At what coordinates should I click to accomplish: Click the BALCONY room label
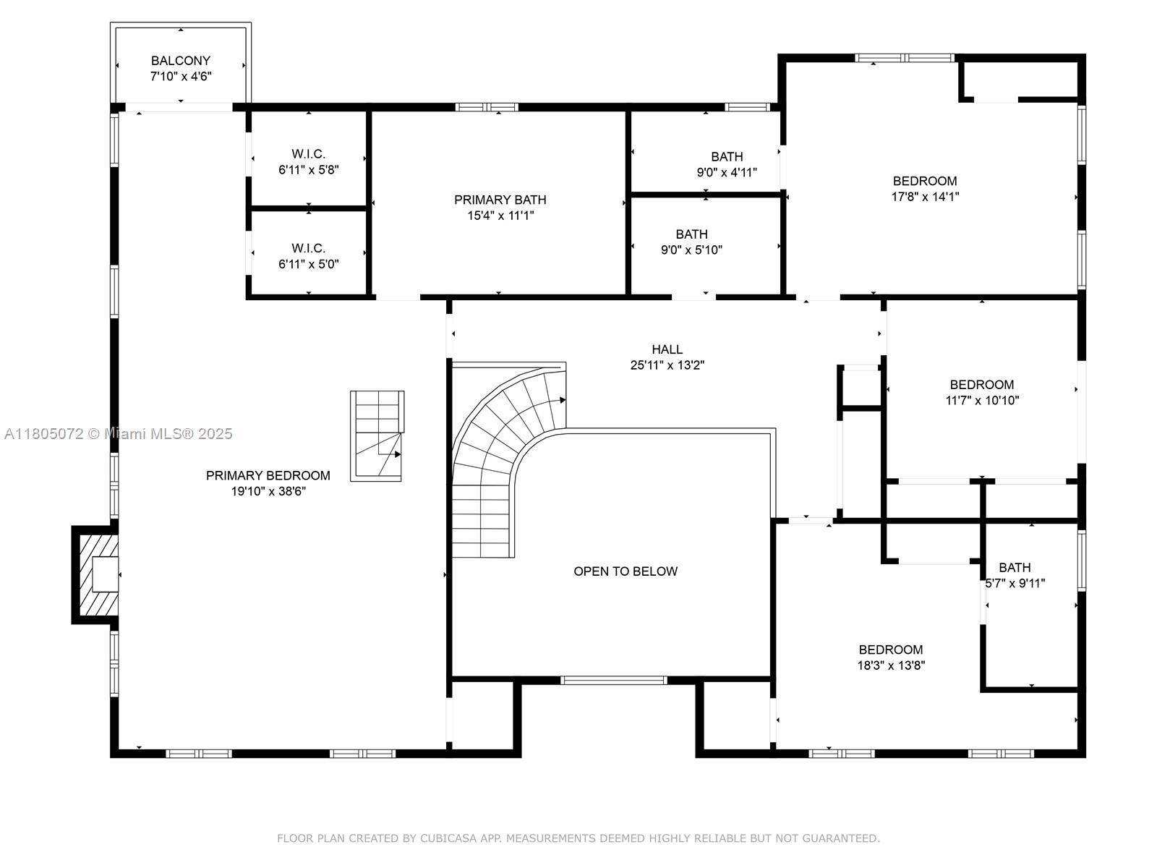181,61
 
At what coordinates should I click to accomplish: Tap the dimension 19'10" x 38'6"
268,491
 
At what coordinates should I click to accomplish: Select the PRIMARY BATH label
500,200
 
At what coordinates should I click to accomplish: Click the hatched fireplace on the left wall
96,574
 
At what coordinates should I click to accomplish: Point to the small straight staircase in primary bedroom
377,436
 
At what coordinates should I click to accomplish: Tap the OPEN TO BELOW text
626,571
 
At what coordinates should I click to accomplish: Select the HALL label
667,349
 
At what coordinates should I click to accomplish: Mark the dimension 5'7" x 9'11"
1015,583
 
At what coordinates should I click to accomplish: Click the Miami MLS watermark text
119,434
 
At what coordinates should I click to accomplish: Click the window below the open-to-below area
613,680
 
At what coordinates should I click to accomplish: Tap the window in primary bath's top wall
487,107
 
